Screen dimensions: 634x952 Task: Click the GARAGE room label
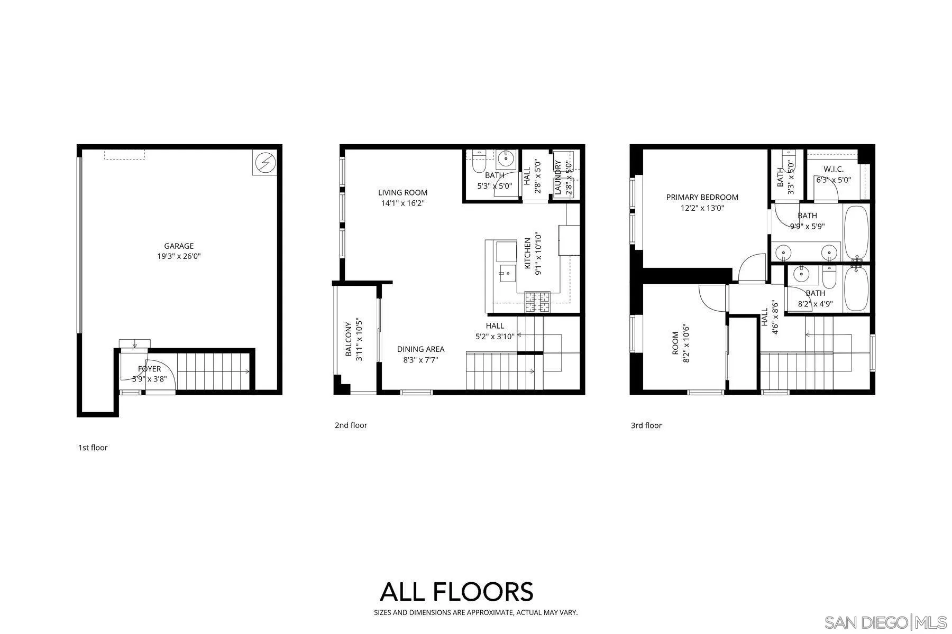[179, 246]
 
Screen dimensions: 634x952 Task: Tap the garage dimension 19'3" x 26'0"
[179, 257]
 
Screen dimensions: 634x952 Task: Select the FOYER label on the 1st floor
[149, 369]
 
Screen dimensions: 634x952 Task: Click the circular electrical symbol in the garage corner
[265, 162]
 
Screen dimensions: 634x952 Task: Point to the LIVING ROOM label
[402, 193]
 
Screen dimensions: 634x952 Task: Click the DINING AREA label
[420, 349]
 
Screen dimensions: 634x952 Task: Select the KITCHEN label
[527, 254]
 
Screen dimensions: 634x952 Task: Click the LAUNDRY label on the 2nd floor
[557, 178]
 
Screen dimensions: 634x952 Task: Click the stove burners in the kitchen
[537, 302]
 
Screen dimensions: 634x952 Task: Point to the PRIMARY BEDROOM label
[702, 197]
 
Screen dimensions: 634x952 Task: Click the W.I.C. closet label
[834, 170]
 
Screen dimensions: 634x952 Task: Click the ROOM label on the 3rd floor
[675, 343]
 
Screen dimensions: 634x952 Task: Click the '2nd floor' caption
[351, 425]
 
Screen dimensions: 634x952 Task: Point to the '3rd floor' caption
[646, 425]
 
